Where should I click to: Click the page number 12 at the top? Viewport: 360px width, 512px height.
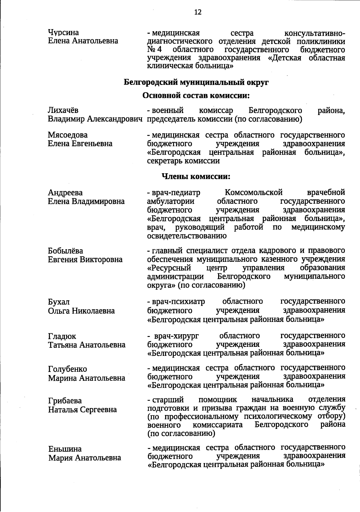[198, 12]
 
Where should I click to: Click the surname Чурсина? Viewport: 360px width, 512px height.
[63, 32]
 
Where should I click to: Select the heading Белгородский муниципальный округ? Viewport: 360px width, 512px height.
[196, 82]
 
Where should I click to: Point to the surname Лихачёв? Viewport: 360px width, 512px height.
[63, 111]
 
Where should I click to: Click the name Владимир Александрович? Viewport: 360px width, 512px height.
[95, 119]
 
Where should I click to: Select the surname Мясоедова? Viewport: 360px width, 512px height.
[68, 135]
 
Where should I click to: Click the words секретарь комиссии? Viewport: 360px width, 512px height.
[183, 161]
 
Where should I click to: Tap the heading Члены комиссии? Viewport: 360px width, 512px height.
[196, 176]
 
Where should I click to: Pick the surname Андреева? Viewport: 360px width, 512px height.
[65, 192]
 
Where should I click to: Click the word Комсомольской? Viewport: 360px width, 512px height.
[253, 192]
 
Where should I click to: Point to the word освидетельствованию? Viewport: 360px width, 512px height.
[187, 236]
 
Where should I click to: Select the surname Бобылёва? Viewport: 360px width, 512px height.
[65, 251]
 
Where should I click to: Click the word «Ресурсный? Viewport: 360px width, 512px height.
[169, 268]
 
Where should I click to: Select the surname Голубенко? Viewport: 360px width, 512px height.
[67, 369]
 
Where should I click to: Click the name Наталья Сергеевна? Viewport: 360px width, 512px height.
[82, 410]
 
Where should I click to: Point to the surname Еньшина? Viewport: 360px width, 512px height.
[65, 449]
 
